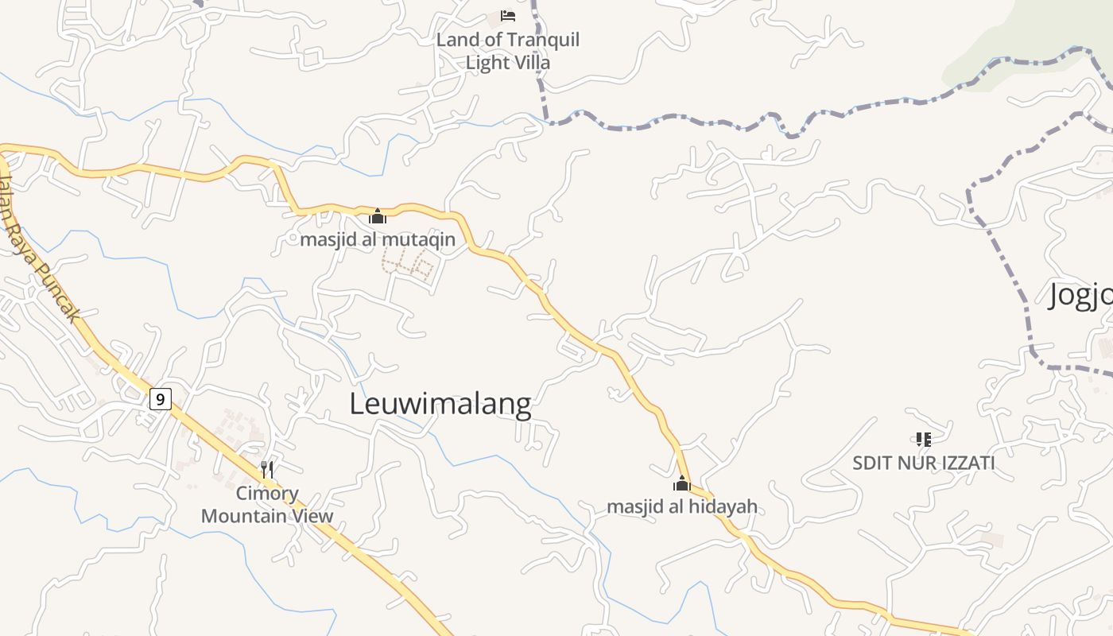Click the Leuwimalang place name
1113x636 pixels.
[x=440, y=404]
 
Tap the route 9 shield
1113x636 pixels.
[x=160, y=398]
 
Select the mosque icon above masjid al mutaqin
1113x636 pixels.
[x=378, y=216]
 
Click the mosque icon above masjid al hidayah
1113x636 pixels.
[x=682, y=483]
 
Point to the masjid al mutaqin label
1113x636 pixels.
[x=378, y=239]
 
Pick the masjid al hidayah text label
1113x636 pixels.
[x=682, y=506]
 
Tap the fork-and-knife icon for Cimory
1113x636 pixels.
[x=267, y=470]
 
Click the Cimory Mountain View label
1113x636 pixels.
[x=267, y=505]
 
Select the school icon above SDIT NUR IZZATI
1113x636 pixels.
[x=923, y=439]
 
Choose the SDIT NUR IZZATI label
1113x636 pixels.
[x=923, y=463]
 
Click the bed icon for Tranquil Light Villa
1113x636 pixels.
[x=508, y=16]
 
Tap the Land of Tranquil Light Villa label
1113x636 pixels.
[x=508, y=51]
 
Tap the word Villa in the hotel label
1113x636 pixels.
[x=530, y=63]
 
